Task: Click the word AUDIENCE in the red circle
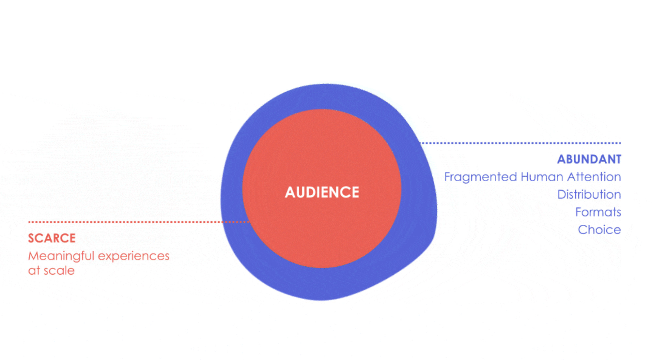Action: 322,192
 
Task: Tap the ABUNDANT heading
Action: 589,159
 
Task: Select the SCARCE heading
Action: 52,238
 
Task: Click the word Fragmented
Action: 480,177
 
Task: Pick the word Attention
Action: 594,177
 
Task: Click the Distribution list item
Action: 589,195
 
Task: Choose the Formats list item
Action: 598,212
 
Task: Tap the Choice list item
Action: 599,230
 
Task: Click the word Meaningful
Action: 61,256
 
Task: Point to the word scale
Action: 59,271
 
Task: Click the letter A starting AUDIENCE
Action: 290,192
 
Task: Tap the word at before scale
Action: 34,271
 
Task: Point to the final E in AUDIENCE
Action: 355,192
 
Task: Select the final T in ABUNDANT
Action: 617,159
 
